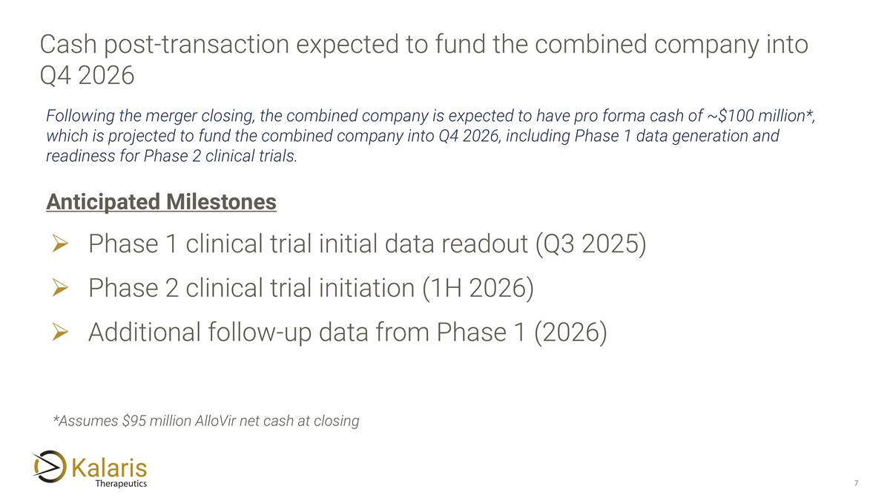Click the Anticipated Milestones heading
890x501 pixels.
[161, 202]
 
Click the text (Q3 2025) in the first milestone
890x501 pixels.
[590, 245]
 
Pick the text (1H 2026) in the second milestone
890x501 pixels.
[478, 289]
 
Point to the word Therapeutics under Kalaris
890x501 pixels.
[121, 484]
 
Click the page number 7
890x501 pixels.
[856, 484]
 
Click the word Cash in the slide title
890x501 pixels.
[67, 45]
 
